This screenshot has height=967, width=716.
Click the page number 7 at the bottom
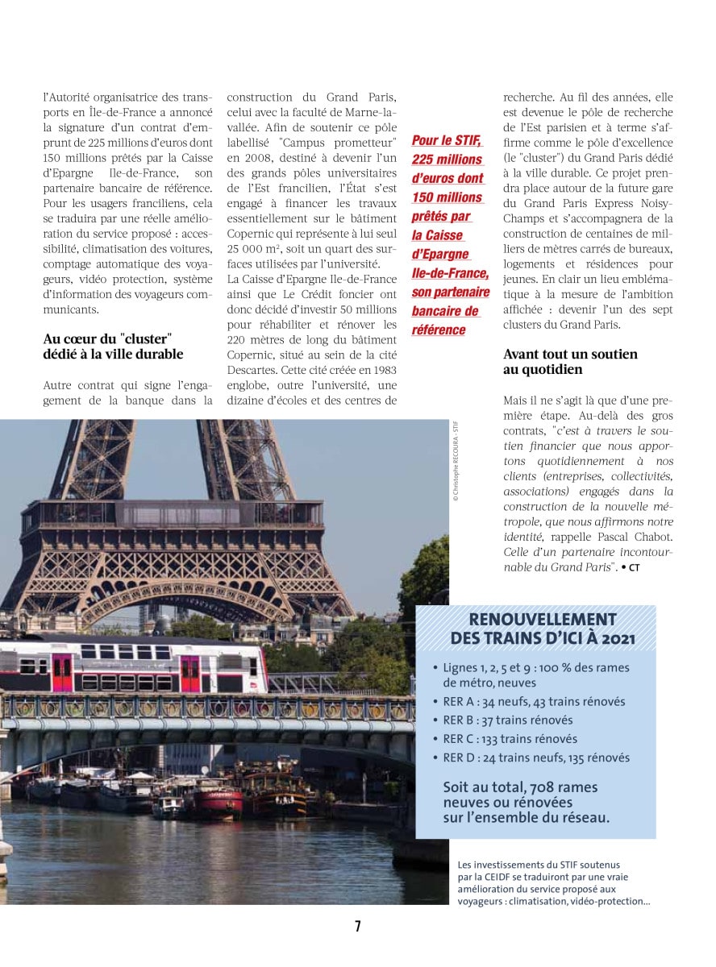357,927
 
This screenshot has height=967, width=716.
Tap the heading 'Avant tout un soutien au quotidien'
570,362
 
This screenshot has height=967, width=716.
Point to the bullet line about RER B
508,720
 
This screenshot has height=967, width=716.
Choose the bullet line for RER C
510,739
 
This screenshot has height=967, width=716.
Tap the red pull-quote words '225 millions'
447,160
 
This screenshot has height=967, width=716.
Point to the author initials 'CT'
635,568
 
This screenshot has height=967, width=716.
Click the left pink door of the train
61,672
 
